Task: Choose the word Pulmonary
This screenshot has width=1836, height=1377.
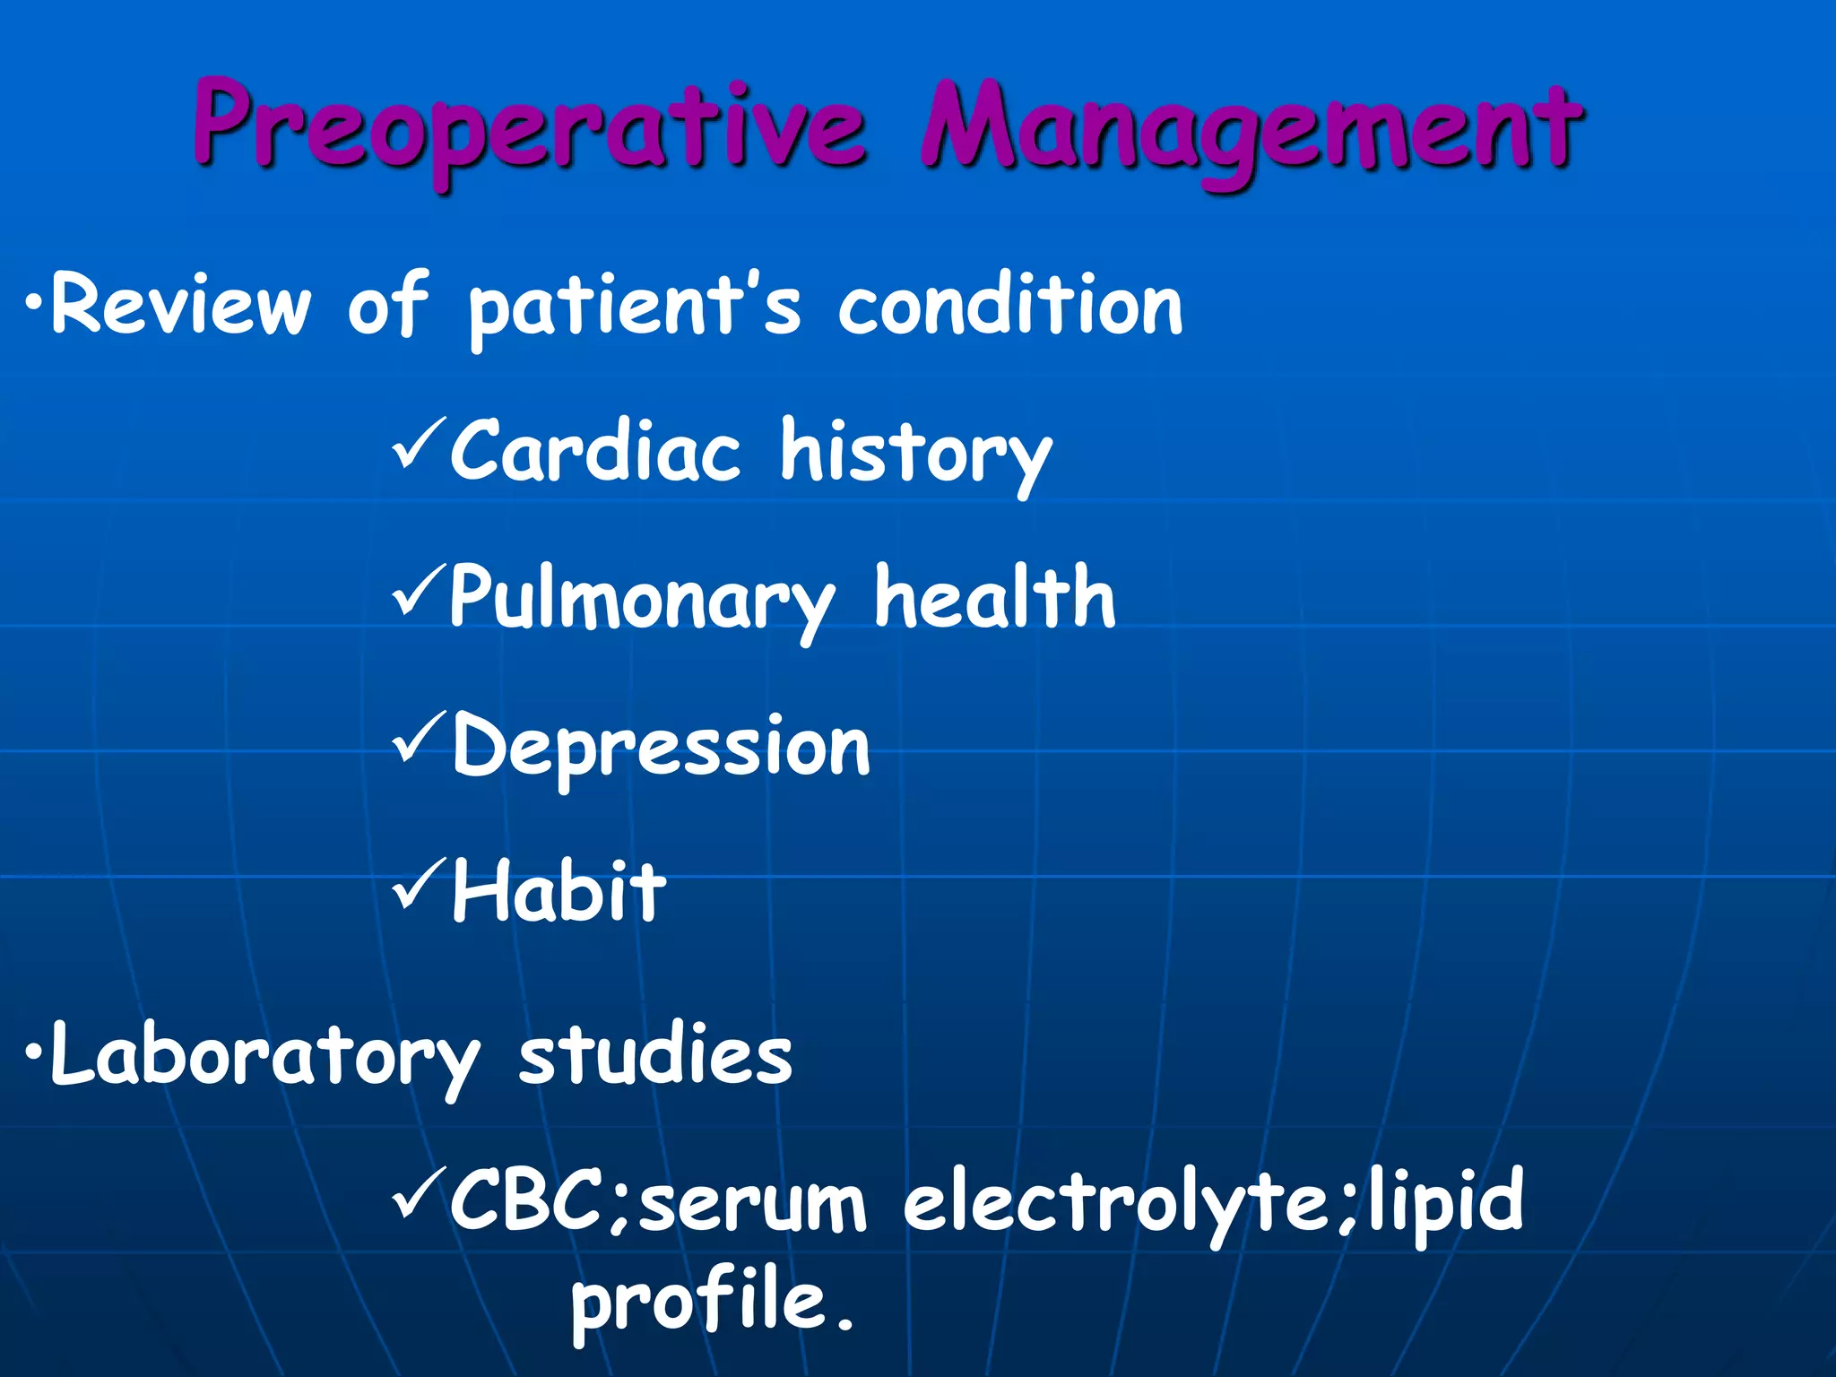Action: click(x=642, y=599)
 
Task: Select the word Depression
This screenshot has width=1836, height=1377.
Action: click(x=661, y=747)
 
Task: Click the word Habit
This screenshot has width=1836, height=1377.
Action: click(x=559, y=891)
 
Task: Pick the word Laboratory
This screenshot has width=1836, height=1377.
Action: click(x=265, y=1056)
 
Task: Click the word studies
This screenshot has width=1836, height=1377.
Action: click(x=655, y=1054)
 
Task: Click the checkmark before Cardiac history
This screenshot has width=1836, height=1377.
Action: click(x=418, y=443)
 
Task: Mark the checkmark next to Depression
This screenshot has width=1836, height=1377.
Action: click(x=418, y=737)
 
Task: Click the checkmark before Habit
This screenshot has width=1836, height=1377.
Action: click(x=418, y=883)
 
